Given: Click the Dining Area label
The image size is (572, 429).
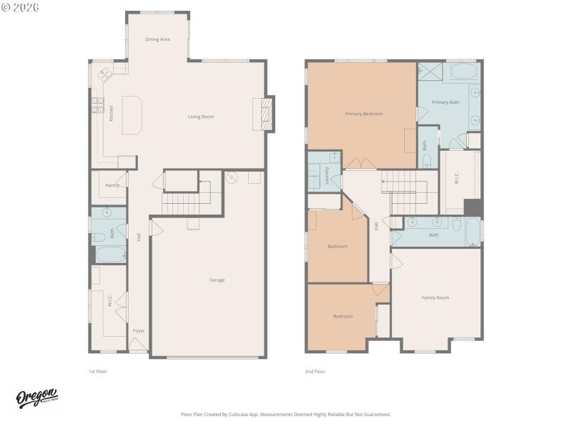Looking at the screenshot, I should pos(157,39).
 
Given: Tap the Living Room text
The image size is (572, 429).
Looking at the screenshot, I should pos(201,117).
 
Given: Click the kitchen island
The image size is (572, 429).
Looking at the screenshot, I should pos(132,115).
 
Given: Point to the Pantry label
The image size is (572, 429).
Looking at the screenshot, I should pos(112,185).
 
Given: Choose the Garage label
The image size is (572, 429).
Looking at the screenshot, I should pos(217,280).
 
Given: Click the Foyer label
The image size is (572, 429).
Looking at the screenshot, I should pos(139,331).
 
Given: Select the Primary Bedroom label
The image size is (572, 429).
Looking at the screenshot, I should pos(363,114).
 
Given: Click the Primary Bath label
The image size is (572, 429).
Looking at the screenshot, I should pos(445,102).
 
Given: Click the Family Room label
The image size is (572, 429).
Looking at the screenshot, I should pos(435,297).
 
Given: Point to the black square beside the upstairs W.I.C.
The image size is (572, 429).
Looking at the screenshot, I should pos(473,207).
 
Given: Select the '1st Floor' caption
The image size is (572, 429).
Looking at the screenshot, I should pos(97,372).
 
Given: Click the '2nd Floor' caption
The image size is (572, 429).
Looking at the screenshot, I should pos(315,372).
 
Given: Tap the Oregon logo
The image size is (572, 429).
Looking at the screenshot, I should pos(36,398).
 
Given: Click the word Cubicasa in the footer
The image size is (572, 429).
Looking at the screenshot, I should pos(260,414).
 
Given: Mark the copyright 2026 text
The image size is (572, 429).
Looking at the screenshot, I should pos(21,7).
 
